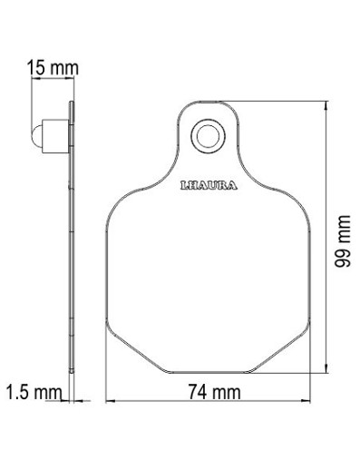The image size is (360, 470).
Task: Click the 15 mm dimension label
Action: (53, 67)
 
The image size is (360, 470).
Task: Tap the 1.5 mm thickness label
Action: (34, 392)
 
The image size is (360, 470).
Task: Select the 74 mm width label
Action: (214, 392)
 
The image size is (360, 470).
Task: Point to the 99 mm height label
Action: (343, 241)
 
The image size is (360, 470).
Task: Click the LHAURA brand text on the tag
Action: (209, 185)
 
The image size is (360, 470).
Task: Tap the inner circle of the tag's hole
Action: (208, 136)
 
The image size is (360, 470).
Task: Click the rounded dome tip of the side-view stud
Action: (36, 136)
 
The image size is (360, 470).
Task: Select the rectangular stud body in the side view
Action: (55, 136)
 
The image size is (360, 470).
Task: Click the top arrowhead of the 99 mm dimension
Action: (326, 106)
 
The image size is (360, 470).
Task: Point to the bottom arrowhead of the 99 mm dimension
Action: (326, 367)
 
